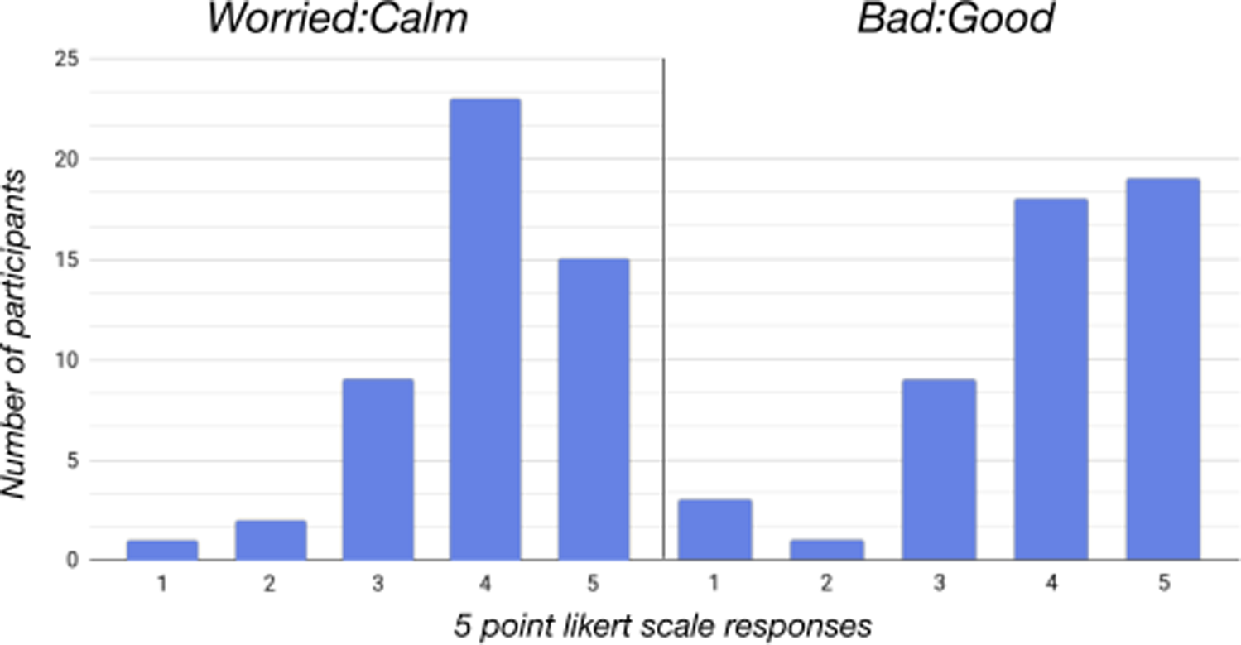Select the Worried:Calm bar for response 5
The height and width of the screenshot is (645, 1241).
[593, 410]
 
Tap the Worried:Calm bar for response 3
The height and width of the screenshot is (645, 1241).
[378, 469]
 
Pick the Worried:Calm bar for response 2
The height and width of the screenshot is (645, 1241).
[270, 541]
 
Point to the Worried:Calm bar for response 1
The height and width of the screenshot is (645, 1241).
[162, 551]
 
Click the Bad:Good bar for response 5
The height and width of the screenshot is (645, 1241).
[1163, 369]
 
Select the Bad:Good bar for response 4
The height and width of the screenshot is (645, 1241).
[1051, 379]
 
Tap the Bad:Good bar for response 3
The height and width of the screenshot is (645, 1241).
[939, 469]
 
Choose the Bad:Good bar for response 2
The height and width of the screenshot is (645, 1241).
[827, 551]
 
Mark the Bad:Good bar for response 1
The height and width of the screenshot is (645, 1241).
[714, 530]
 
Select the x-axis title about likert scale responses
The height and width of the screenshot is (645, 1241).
[662, 626]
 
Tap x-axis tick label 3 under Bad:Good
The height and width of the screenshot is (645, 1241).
[939, 584]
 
